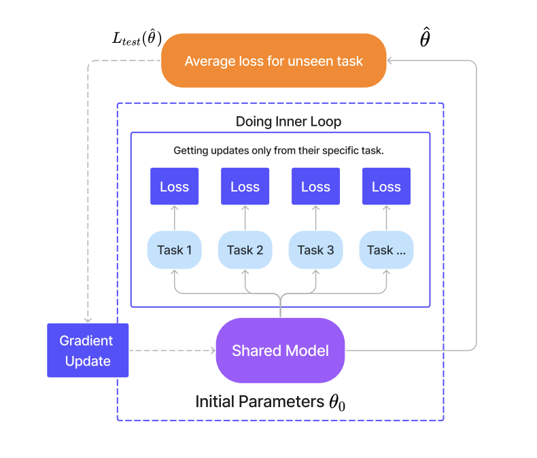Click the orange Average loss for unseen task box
(273, 61)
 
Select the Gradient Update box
(88, 351)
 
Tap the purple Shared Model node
(280, 351)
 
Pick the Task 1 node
(174, 250)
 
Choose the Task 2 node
(245, 250)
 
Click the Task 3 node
(315, 250)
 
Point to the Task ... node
(386, 250)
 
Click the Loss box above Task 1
(174, 187)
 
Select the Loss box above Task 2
(245, 187)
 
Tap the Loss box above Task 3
(315, 187)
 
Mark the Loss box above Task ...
(386, 187)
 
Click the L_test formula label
(137, 39)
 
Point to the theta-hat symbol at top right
(424, 39)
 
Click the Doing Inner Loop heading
(288, 122)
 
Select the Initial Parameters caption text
(270, 402)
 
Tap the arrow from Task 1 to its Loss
(174, 219)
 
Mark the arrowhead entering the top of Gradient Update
(88, 319)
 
